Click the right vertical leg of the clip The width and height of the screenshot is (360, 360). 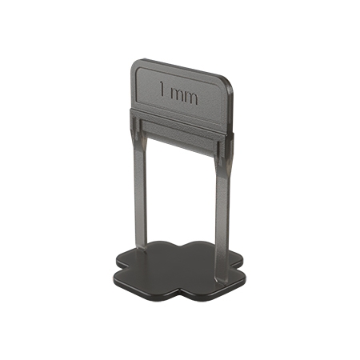click(x=222, y=200)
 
